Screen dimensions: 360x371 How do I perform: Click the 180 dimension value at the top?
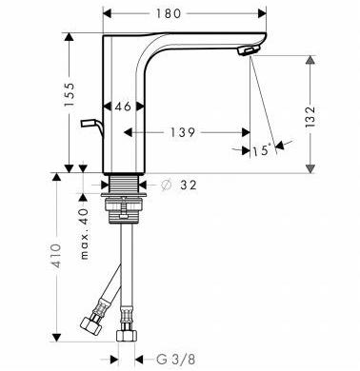click(x=169, y=13)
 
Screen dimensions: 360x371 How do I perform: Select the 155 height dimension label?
click(x=70, y=94)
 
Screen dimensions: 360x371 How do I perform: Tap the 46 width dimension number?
click(x=123, y=107)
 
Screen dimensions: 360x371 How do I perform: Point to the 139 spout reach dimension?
click(x=183, y=132)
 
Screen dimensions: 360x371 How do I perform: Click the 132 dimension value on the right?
click(x=310, y=117)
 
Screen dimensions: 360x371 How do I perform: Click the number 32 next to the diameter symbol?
click(x=189, y=185)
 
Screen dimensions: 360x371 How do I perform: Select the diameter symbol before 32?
click(x=166, y=185)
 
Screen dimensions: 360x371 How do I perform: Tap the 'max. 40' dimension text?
click(x=84, y=234)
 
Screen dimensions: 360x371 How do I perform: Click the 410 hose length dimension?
click(x=56, y=256)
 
